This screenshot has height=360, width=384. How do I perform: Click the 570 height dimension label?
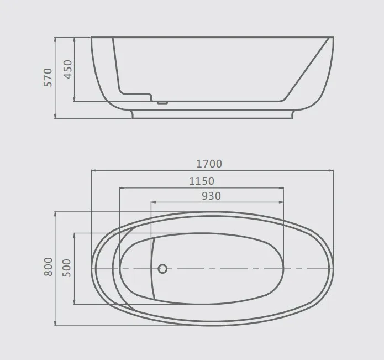click(x=48, y=77)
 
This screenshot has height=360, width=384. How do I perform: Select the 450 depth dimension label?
click(x=67, y=70)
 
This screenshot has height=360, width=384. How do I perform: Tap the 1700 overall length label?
click(x=209, y=164)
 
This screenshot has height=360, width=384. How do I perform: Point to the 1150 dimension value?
click(x=201, y=181)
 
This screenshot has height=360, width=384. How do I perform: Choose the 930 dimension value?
click(x=211, y=196)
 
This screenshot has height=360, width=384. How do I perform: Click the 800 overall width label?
click(x=48, y=267)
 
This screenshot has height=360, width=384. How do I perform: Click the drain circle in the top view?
click(x=162, y=269)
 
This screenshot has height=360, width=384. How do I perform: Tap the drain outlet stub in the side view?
click(x=162, y=102)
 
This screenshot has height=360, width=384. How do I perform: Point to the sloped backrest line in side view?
click(x=309, y=69)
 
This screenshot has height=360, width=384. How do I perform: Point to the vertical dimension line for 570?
click(x=56, y=100)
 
